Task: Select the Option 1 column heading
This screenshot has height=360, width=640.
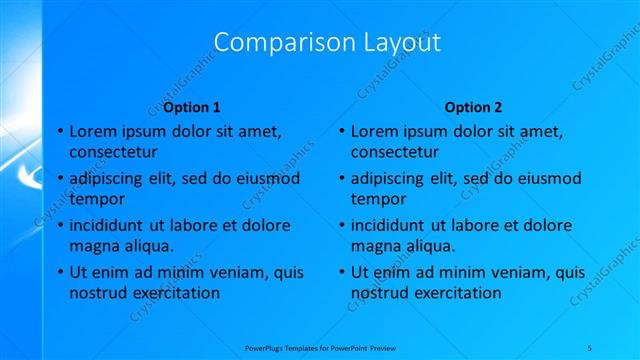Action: coord(192,107)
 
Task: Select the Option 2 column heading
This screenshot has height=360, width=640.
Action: coord(474,107)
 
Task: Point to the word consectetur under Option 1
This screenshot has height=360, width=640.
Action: coord(113,153)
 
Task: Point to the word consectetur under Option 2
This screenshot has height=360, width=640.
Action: coord(395,153)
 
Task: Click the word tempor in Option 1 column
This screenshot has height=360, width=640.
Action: coord(96,198)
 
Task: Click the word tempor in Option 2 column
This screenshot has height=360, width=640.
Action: coord(378,198)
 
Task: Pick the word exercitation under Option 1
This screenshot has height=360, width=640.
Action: coord(171,293)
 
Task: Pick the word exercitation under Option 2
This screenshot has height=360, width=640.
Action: coord(453,293)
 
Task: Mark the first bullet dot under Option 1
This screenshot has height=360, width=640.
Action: coord(59,131)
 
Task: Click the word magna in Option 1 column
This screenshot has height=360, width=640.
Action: coord(93,245)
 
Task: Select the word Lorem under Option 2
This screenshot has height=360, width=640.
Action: coord(373,131)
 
